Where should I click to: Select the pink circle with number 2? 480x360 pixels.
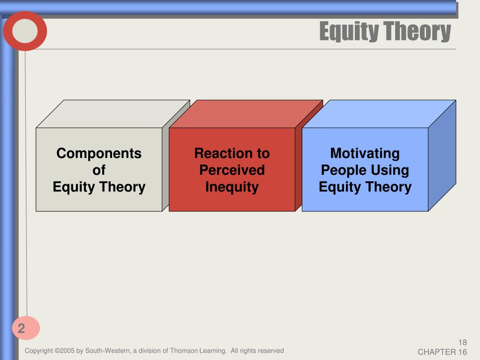[26, 328]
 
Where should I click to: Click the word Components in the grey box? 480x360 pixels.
[99, 153]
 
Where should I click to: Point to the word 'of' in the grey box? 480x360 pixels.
[99, 170]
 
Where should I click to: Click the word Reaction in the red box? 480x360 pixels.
[221, 153]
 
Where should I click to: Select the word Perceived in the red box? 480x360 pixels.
[232, 170]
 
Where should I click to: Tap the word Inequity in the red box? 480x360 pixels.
[232, 187]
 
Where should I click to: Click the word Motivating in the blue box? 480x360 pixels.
[365, 153]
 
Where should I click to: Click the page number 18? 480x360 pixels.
[463, 343]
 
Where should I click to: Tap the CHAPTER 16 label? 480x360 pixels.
[442, 352]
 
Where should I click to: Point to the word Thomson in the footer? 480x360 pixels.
[184, 351]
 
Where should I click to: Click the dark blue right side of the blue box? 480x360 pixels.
[442, 156]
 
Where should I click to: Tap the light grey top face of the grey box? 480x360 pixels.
[113, 114]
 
